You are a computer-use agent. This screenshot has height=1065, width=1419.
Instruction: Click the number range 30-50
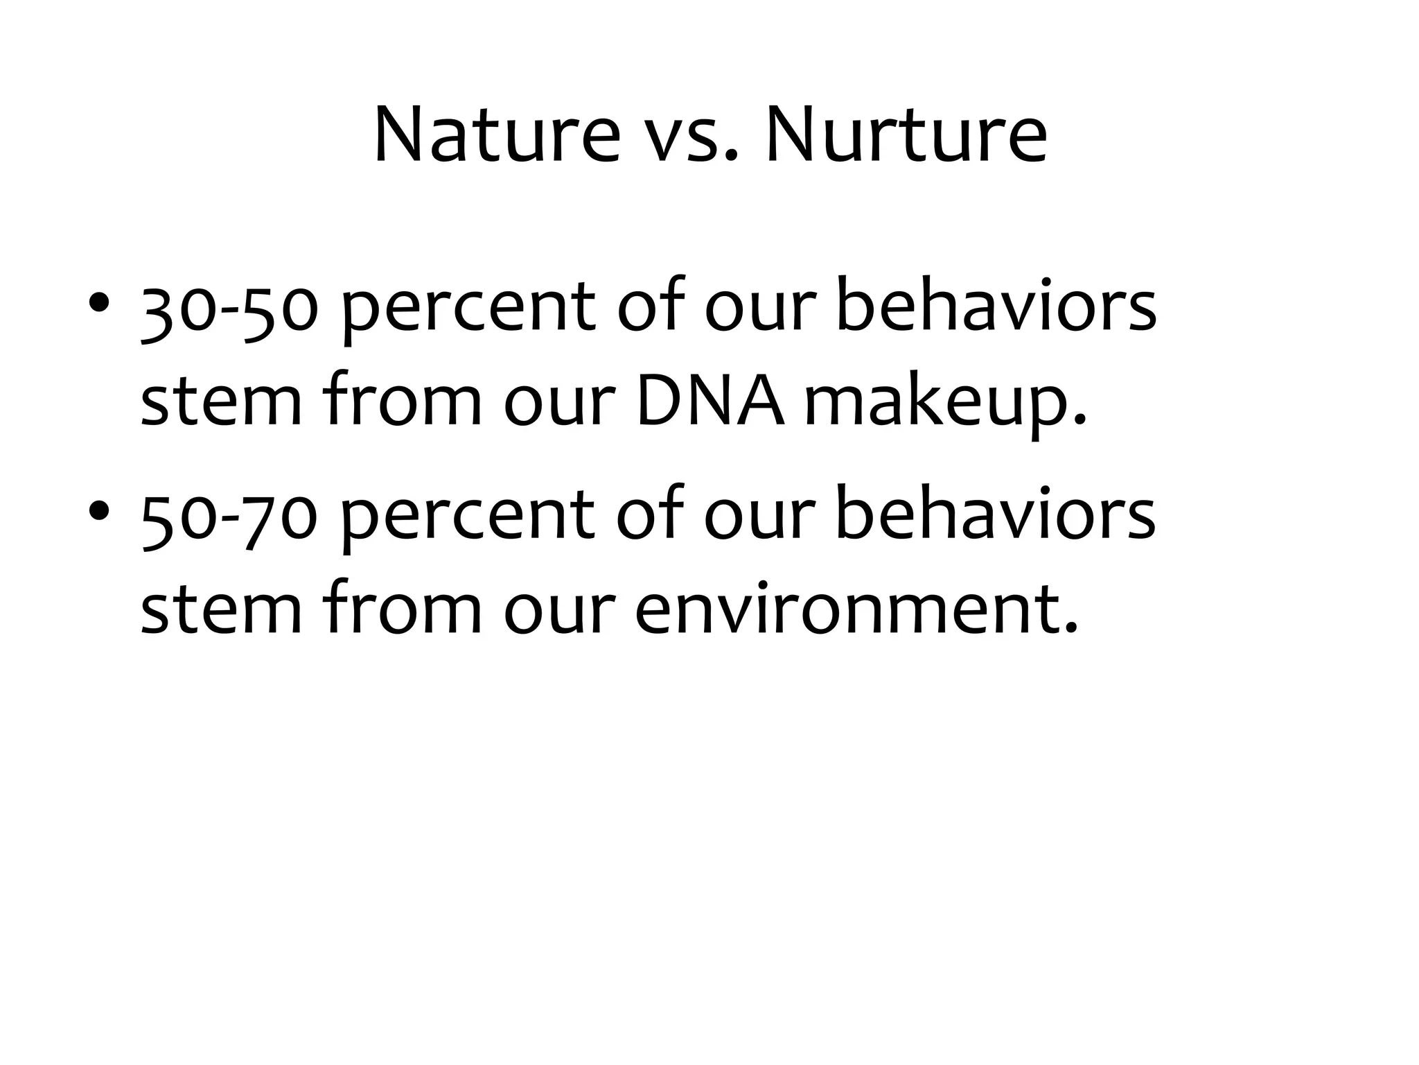[229, 309]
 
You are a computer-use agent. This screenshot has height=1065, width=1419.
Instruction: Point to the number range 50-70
[229, 517]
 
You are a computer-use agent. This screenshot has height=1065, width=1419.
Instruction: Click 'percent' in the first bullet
[468, 312]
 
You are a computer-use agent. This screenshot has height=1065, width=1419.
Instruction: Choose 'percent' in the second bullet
[468, 520]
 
